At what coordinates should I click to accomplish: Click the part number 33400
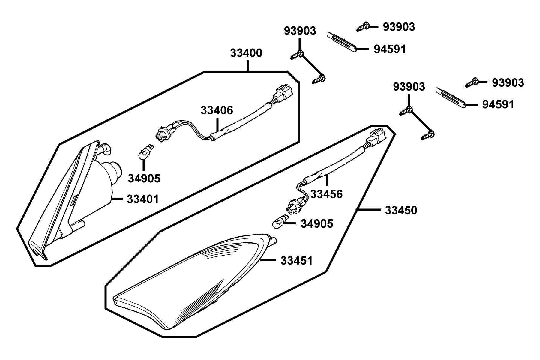pos(246,53)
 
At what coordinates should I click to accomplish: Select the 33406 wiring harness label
pos(217,110)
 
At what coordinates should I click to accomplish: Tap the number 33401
pos(143,199)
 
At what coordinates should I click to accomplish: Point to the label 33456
pos(326,194)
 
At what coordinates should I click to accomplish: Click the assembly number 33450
pos(401,211)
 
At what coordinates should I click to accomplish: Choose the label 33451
pos(297,261)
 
